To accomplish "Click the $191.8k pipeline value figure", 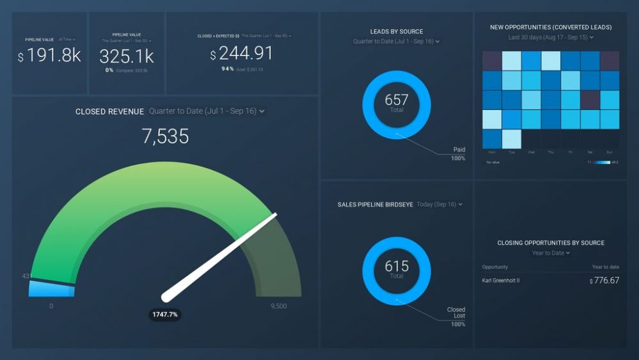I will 50,56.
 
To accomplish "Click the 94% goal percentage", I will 227,69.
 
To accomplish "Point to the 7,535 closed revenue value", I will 166,136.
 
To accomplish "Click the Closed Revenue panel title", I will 109,111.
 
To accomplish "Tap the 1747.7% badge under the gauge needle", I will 165,315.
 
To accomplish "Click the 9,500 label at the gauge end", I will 279,306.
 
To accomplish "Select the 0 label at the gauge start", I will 52,306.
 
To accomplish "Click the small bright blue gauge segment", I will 52,288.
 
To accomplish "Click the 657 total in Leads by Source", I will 396,100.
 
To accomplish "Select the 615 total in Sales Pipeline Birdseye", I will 396,267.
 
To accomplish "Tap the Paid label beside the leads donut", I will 459,150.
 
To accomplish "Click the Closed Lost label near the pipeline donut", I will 456,313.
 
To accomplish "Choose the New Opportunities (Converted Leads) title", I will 551,27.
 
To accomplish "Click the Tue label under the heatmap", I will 511,153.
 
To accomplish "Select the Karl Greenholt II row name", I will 501,280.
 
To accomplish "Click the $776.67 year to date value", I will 604,280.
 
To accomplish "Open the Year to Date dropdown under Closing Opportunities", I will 550,253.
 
